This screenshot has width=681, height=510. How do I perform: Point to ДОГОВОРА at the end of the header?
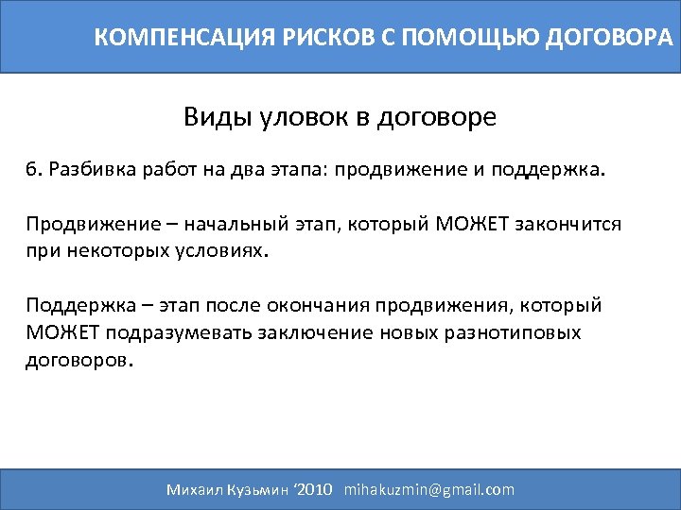point(600,38)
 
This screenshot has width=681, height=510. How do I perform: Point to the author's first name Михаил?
point(196,489)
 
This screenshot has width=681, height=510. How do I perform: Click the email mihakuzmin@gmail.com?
point(429,489)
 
